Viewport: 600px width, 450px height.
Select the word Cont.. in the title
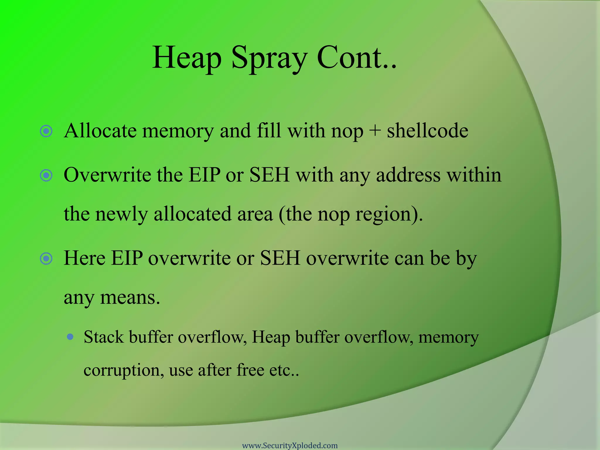357,58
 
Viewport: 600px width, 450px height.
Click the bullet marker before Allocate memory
46,131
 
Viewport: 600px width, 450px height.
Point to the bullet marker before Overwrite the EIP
46,175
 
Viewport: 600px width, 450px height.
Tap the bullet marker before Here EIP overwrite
46,259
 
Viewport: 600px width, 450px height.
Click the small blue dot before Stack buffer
70,337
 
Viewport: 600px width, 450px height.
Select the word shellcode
427,131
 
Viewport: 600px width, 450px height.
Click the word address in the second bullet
408,175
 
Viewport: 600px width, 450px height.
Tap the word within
474,175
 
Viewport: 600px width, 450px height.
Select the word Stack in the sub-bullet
103,337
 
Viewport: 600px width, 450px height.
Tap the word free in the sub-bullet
250,370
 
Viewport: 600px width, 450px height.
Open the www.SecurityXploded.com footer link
290,446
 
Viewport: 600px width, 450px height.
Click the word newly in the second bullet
122,214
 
